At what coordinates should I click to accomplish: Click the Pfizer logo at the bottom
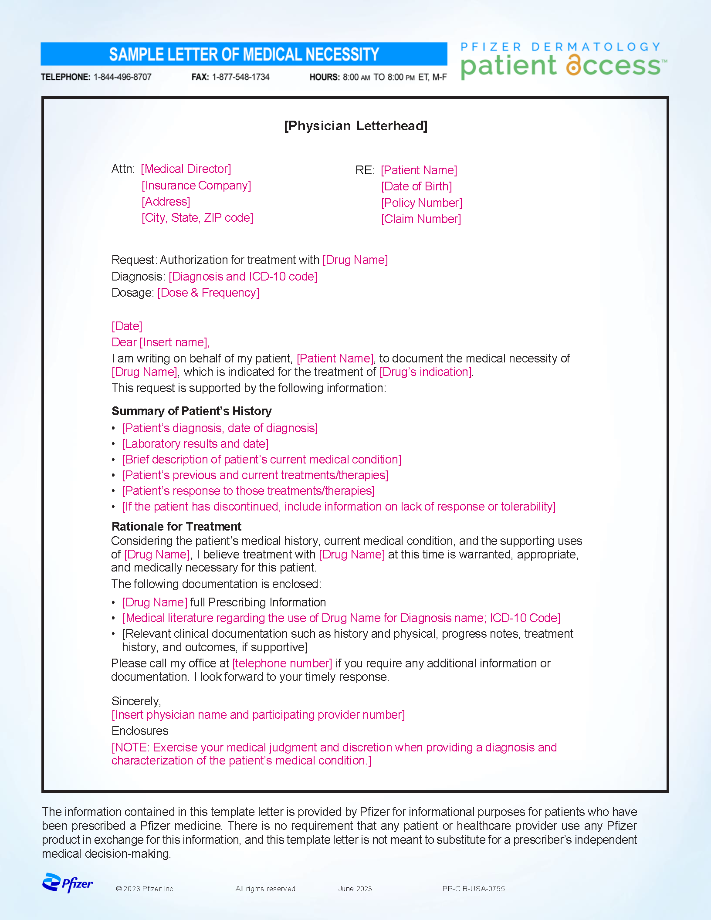tap(68, 883)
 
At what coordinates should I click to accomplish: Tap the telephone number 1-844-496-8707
tap(122, 77)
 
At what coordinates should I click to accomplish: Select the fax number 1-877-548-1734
tap(240, 77)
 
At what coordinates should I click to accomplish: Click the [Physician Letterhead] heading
tap(355, 126)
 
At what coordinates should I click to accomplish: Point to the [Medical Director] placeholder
tap(186, 169)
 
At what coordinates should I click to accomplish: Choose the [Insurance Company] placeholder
tap(196, 186)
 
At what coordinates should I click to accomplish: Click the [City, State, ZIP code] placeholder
tap(197, 218)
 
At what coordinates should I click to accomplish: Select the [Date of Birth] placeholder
tap(416, 186)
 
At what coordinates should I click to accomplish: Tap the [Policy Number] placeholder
tap(422, 203)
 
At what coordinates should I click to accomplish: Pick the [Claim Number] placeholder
tap(421, 219)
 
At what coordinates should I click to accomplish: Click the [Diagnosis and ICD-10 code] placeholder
tap(243, 277)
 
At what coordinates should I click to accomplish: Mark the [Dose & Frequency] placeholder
tap(208, 293)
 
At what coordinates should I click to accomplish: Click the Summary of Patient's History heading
tap(192, 411)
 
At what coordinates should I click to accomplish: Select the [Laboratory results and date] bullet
tap(195, 444)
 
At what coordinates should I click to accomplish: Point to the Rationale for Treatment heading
tap(176, 527)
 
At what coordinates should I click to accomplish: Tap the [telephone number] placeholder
tap(282, 663)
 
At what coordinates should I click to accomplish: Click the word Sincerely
tap(136, 701)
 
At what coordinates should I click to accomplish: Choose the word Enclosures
tap(140, 731)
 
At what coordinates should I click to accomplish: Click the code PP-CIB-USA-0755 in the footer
tap(474, 889)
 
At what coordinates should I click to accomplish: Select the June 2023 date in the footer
tap(356, 889)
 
